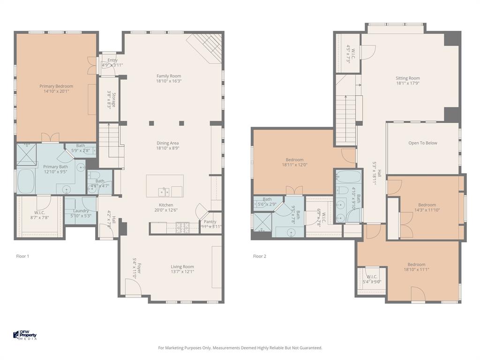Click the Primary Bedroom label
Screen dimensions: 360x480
point(56,86)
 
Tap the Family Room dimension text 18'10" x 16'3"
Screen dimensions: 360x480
point(168,81)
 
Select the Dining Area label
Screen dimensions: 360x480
point(168,143)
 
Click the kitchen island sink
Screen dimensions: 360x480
point(164,191)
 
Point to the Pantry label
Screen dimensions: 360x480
point(210,222)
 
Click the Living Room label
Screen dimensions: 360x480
point(182,267)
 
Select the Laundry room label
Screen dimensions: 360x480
point(81,211)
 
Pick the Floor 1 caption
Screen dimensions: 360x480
point(22,256)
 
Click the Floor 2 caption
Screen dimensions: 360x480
point(260,256)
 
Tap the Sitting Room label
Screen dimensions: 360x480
point(407,78)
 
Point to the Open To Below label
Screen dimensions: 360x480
point(422,143)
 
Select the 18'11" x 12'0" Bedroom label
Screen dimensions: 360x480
point(294,160)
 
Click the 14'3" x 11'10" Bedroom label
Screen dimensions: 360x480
point(427,205)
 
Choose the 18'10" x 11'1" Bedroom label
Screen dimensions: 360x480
point(416,264)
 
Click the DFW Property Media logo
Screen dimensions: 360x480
point(25,335)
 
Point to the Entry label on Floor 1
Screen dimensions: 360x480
point(112,60)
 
